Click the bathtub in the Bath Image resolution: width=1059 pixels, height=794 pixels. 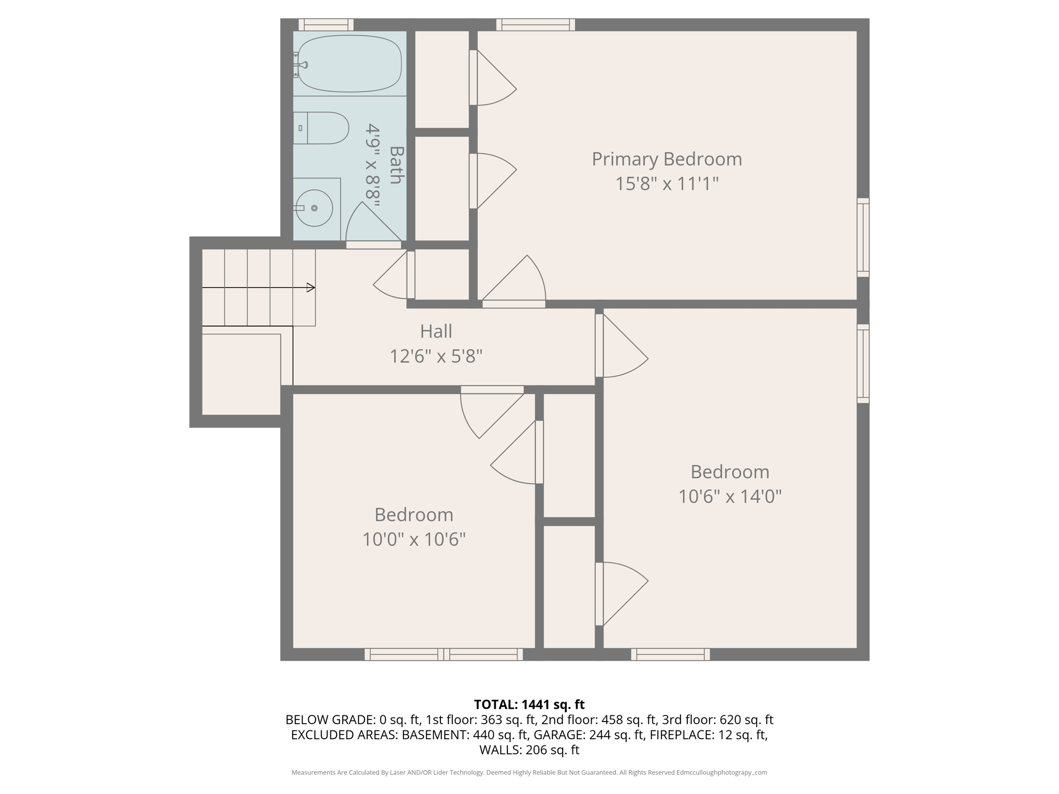350,64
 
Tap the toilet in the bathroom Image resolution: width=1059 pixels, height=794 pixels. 323,128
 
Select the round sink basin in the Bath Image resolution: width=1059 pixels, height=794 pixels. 314,208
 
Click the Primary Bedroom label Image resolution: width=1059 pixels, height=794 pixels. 667,159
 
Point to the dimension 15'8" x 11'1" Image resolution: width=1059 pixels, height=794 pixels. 667,184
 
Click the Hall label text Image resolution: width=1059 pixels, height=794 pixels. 436,331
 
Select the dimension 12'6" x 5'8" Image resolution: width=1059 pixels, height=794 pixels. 436,356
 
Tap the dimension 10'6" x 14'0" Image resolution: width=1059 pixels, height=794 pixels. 730,497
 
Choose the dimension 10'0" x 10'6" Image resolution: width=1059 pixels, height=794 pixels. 414,540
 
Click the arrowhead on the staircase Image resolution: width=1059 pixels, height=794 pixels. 311,287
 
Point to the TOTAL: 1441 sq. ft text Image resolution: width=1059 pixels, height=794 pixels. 529,705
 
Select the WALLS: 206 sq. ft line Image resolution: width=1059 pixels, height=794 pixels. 529,750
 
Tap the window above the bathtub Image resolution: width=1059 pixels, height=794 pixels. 326,24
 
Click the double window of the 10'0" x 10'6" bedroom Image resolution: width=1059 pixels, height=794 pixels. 444,654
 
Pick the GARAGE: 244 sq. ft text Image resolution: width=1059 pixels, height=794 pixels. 589,735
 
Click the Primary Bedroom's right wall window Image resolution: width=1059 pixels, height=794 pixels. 863,237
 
